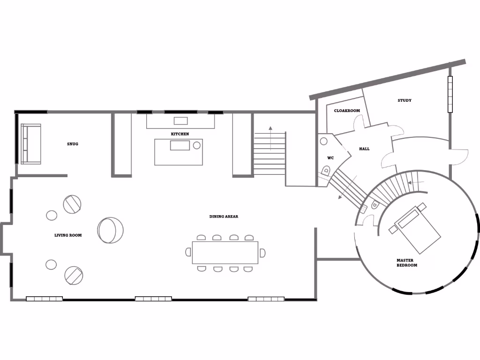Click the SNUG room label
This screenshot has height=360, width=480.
click(73, 144)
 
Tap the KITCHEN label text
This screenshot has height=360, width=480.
click(180, 134)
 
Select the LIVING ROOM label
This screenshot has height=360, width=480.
click(68, 235)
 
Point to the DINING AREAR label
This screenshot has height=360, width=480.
click(224, 217)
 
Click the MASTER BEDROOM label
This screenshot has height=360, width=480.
click(406, 263)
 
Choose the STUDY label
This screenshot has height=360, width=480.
click(405, 100)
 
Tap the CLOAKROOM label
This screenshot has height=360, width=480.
click(347, 111)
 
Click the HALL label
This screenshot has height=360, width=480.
click(364, 149)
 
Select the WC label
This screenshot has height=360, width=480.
click(330, 158)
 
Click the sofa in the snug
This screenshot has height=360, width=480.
click(31, 144)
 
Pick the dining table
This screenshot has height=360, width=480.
click(225, 253)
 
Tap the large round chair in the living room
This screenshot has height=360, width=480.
click(111, 230)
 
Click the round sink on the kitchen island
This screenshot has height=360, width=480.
click(197, 145)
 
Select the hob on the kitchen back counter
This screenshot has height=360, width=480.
click(180, 120)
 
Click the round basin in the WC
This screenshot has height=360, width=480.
click(323, 140)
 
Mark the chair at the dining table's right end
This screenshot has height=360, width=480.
click(262, 253)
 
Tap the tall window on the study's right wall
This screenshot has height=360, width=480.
click(451, 94)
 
